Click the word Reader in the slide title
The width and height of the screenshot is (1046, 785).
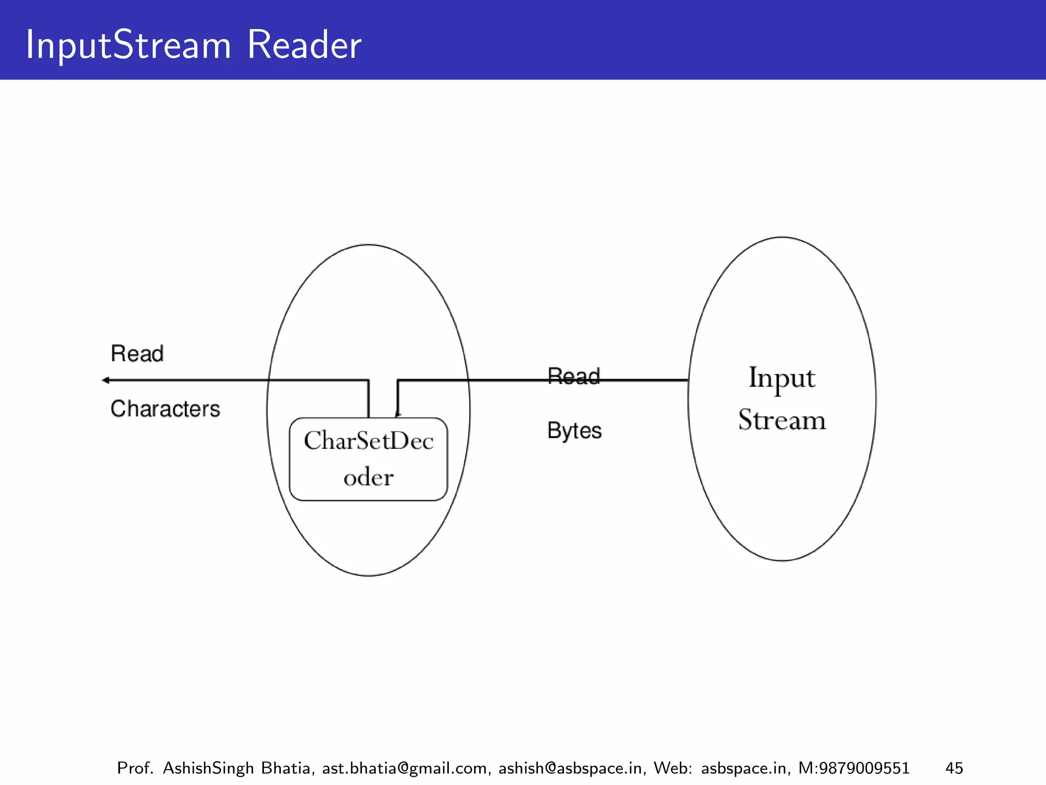pyautogui.click(x=304, y=45)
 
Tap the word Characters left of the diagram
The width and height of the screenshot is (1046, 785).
pyautogui.click(x=165, y=409)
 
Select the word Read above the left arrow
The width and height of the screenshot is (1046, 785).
pyautogui.click(x=137, y=354)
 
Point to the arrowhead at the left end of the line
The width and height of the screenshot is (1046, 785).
pyautogui.click(x=106, y=380)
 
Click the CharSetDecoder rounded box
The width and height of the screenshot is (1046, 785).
pyautogui.click(x=368, y=458)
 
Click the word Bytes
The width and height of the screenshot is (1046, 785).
pyautogui.click(x=574, y=431)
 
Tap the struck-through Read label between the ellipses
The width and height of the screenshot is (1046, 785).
pyautogui.click(x=573, y=377)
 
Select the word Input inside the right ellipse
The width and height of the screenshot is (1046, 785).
pyautogui.click(x=781, y=379)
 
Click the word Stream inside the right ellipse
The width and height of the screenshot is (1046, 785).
pyautogui.click(x=781, y=420)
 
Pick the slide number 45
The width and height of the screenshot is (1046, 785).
pyautogui.click(x=954, y=768)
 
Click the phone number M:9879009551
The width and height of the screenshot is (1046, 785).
pyautogui.click(x=853, y=768)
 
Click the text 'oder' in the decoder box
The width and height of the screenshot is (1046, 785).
pyautogui.click(x=368, y=477)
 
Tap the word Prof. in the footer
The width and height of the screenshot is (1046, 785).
pyautogui.click(x=135, y=768)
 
